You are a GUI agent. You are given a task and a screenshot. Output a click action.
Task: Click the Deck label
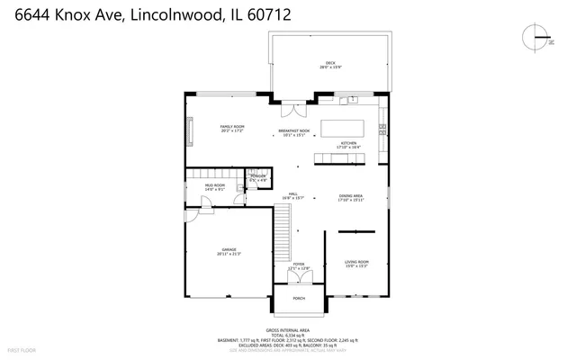point(329,65)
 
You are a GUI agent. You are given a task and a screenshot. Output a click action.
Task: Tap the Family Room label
point(232,129)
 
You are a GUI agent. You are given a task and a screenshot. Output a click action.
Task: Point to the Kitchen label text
point(348,144)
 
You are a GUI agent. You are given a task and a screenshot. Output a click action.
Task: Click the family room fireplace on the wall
point(189,130)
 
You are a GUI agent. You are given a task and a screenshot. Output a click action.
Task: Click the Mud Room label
point(214,187)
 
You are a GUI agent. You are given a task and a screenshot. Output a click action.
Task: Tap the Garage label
point(229,251)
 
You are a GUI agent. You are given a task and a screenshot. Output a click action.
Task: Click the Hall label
point(292,196)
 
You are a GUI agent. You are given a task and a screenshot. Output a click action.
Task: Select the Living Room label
point(356,263)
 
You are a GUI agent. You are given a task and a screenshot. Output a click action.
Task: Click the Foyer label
point(299,266)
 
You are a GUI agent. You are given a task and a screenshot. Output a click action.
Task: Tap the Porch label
point(299,298)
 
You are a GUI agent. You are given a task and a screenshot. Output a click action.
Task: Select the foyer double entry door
point(299,286)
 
